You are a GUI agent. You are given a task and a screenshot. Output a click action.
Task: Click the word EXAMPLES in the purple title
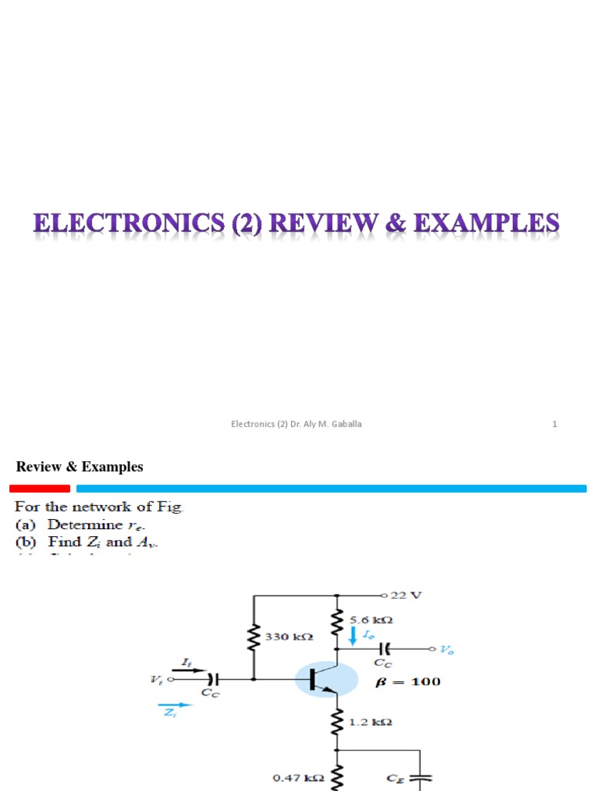coord(487,225)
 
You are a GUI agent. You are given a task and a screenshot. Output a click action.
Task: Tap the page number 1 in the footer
coord(554,424)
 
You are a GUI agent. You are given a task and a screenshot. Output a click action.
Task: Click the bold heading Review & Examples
coord(80,467)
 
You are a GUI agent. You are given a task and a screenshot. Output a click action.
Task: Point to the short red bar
coord(39,488)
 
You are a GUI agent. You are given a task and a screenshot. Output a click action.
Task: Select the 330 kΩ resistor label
coord(288,637)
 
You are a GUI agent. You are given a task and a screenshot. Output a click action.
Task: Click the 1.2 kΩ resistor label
coord(371,722)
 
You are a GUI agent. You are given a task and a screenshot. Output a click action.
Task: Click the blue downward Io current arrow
coord(354,636)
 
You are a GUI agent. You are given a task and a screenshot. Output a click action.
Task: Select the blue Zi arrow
coord(175,705)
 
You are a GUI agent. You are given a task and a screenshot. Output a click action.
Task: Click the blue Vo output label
coord(448,650)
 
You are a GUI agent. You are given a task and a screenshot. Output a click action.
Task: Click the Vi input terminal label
coord(158,680)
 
